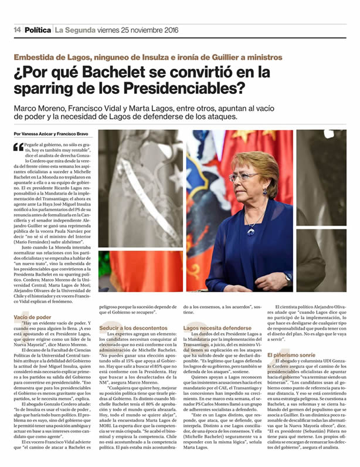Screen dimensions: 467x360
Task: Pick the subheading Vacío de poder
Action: [32, 317]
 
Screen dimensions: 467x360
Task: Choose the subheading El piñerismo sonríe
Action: [291, 355]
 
